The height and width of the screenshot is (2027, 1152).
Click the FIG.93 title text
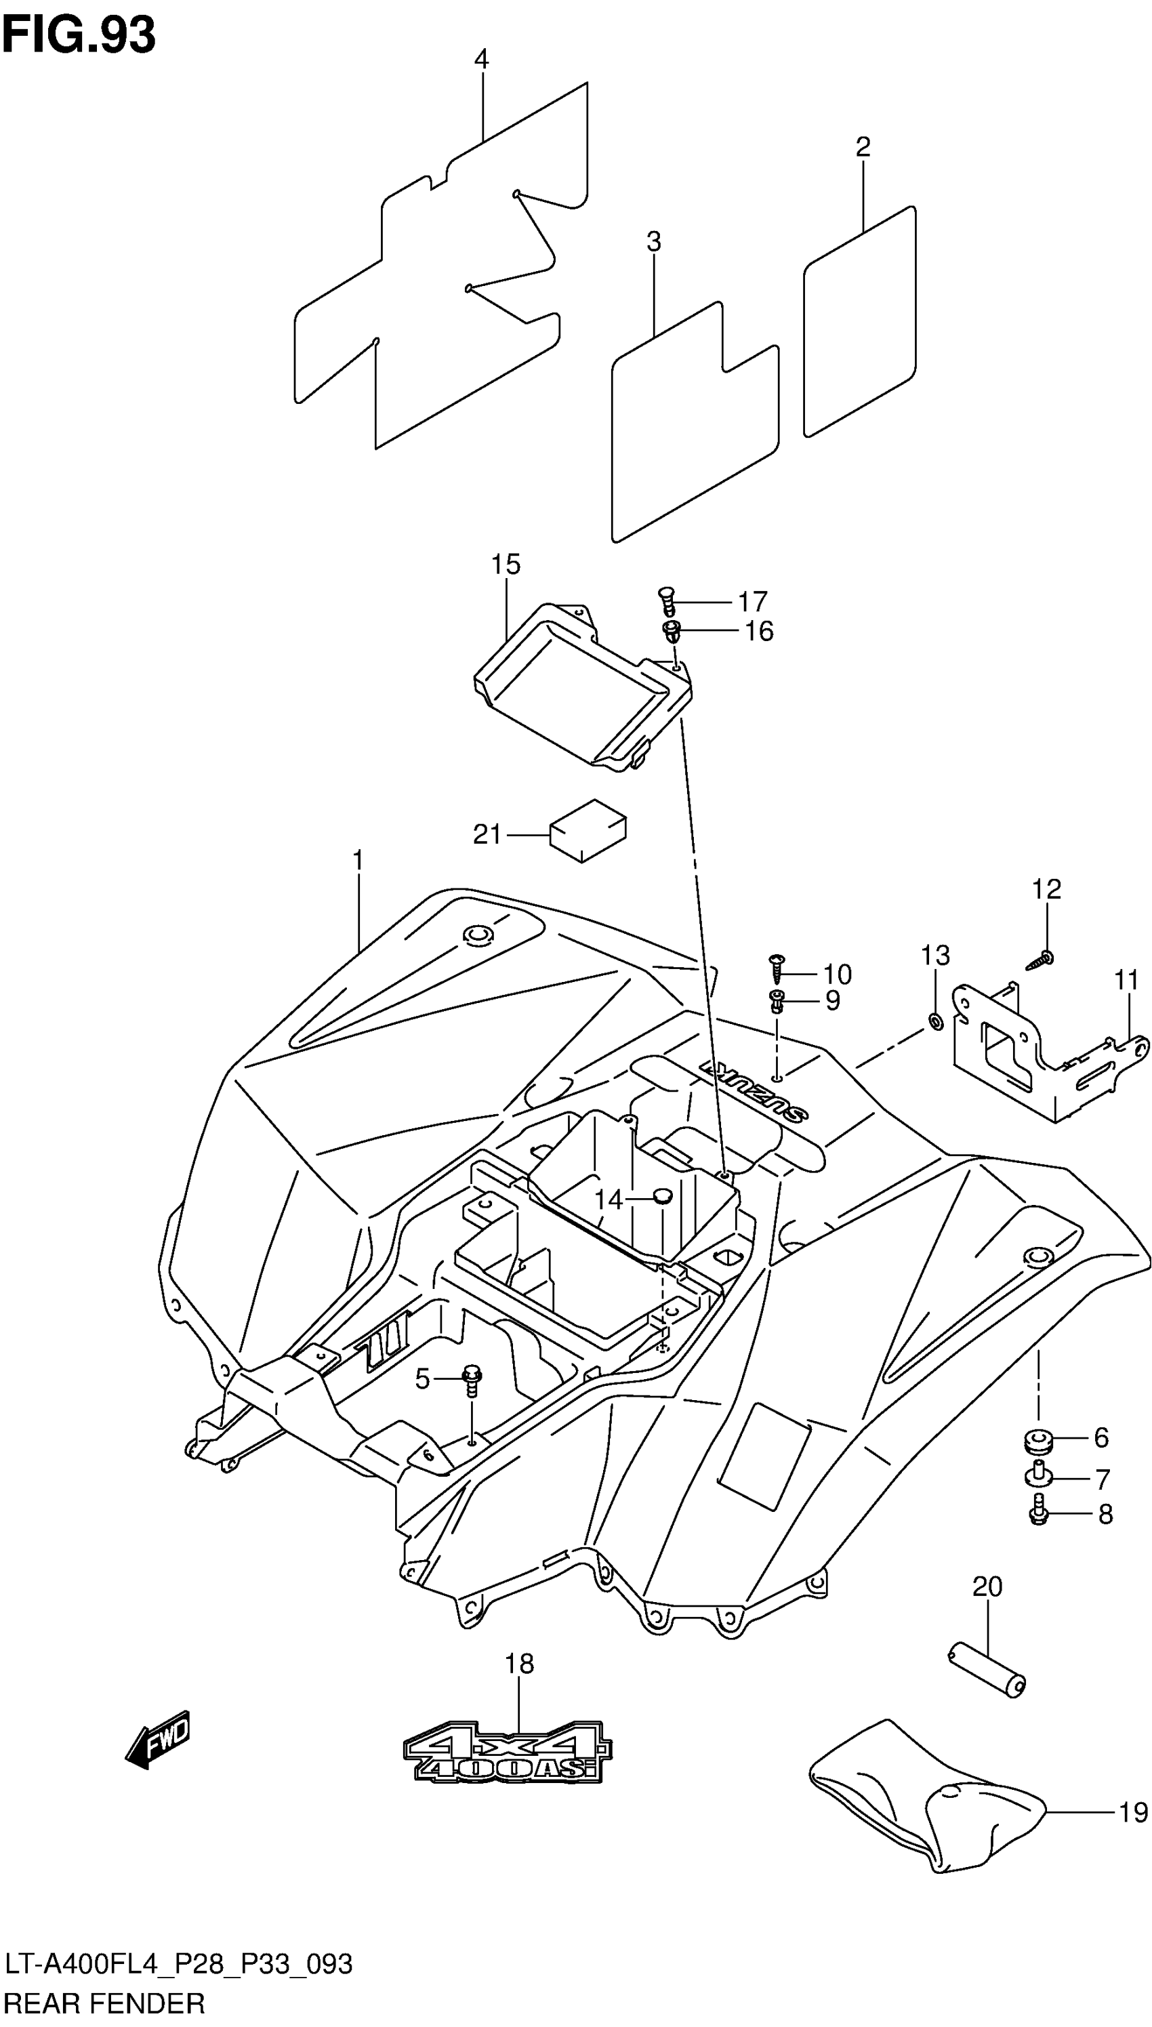79,36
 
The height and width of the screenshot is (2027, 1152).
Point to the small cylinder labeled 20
987,1670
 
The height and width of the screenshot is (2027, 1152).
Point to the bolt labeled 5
472,1380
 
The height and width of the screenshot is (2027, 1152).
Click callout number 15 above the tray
506,565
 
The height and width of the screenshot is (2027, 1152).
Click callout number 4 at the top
481,60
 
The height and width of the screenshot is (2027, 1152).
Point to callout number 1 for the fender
358,860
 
